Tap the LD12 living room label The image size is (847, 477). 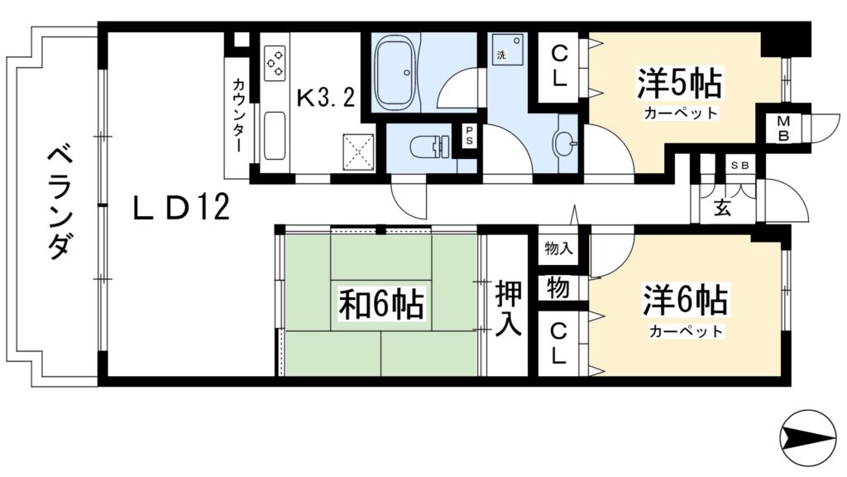(181, 208)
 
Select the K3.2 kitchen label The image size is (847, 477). (326, 99)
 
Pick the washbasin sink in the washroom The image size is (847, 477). (566, 144)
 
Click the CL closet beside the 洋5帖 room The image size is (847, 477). (560, 67)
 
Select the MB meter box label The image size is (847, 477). (782, 128)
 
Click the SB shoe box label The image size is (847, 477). (739, 166)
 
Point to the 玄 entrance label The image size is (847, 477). (722, 208)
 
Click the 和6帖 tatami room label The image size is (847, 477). (381, 305)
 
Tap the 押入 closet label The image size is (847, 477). (508, 307)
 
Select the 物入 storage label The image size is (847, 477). (559, 248)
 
